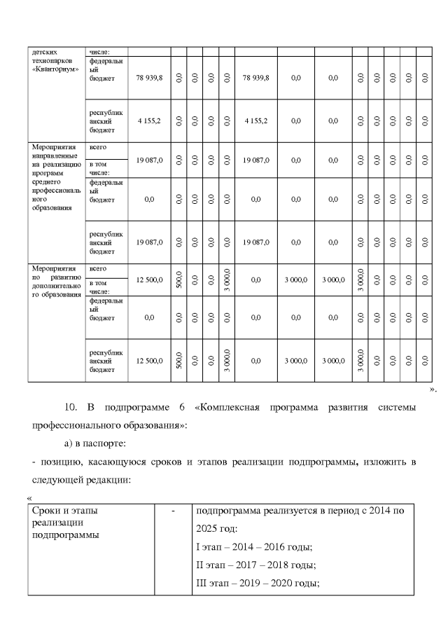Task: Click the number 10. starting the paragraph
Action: click(71, 408)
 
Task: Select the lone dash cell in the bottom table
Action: click(172, 511)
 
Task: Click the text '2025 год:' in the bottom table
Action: click(218, 528)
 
